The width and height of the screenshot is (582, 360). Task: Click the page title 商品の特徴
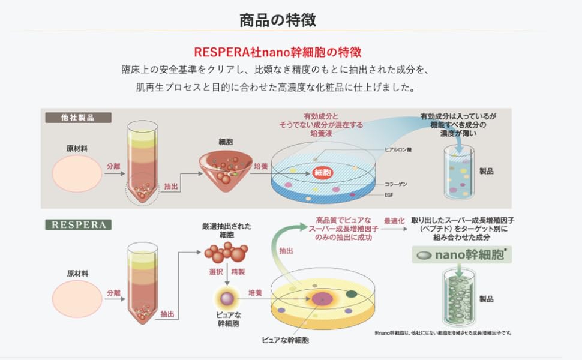click(x=277, y=20)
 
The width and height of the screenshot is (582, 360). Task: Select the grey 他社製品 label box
click(x=78, y=117)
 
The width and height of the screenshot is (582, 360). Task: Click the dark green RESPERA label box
click(x=78, y=225)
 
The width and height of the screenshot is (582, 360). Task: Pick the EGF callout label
click(x=389, y=194)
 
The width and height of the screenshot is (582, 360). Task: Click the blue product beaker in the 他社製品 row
click(x=458, y=172)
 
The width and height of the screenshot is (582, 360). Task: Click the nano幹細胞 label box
click(x=463, y=255)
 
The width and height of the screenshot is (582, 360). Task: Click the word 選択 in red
click(x=215, y=272)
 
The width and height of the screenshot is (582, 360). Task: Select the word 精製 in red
click(x=238, y=272)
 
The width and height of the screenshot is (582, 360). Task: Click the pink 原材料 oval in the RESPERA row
click(x=77, y=298)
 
